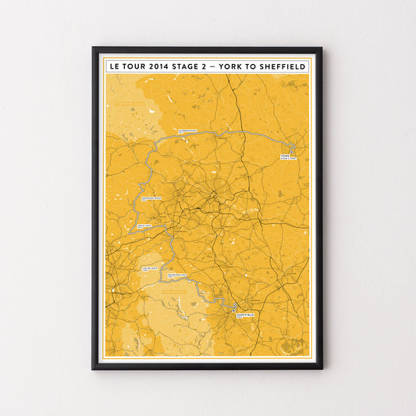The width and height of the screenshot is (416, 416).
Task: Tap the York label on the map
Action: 285,157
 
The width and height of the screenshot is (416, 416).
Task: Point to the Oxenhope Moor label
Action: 151,198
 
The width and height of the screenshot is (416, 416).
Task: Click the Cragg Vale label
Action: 144,226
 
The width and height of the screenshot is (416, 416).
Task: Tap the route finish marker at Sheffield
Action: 234,306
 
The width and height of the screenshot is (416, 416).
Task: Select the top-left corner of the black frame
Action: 93,48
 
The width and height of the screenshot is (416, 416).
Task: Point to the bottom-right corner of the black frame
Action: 322,368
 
